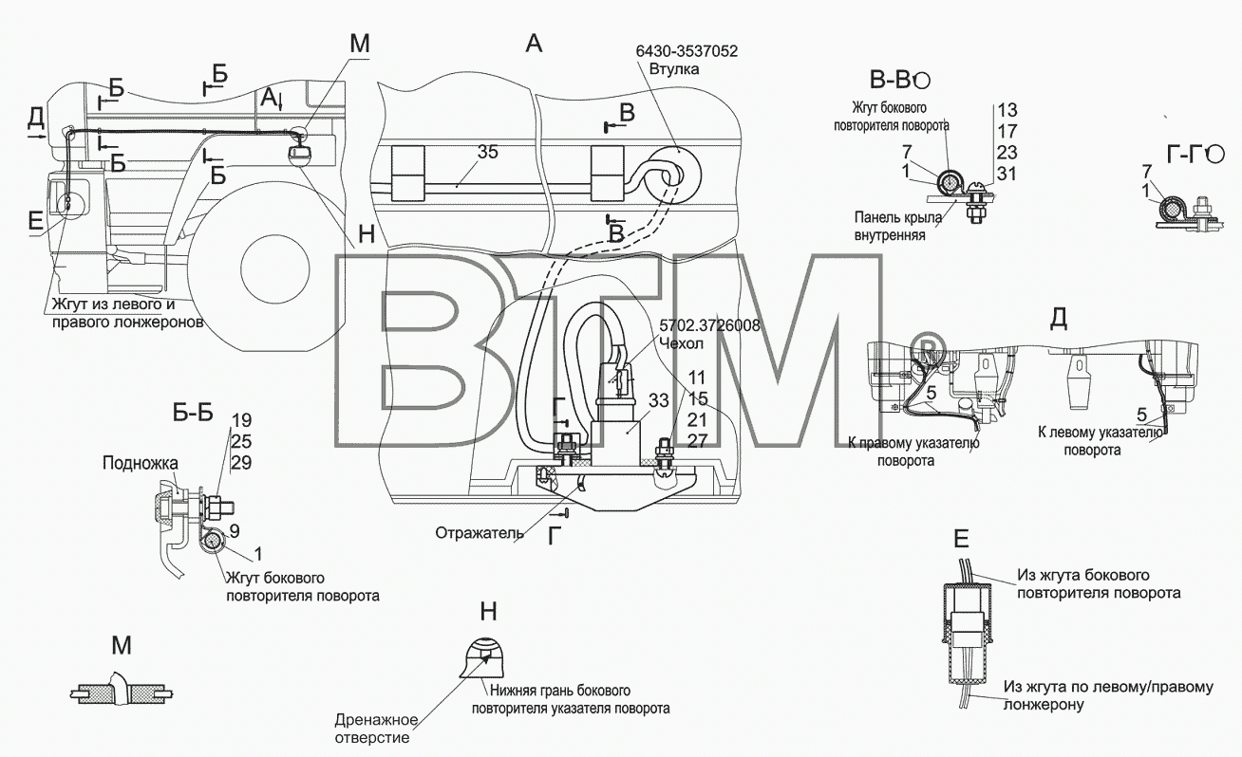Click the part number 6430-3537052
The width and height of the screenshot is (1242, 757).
point(687,51)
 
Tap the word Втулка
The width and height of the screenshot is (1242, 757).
point(673,69)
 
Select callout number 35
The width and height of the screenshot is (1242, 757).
point(487,151)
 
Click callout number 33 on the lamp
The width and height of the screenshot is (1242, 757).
point(659,399)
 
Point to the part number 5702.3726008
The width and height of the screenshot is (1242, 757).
point(709,325)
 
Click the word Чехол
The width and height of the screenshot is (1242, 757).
point(682,343)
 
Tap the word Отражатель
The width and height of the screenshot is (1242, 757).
point(480,533)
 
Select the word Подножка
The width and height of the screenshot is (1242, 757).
point(141,463)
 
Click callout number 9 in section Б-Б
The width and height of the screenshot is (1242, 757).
point(235,531)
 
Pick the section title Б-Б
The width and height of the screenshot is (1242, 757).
point(193,413)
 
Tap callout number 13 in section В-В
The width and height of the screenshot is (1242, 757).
point(1007,110)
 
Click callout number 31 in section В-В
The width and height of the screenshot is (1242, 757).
point(1007,174)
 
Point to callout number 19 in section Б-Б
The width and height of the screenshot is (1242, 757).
point(242,420)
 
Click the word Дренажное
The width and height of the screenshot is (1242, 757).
point(376,720)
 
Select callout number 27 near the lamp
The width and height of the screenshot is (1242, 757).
point(697,441)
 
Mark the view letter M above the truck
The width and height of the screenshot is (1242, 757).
point(360,44)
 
